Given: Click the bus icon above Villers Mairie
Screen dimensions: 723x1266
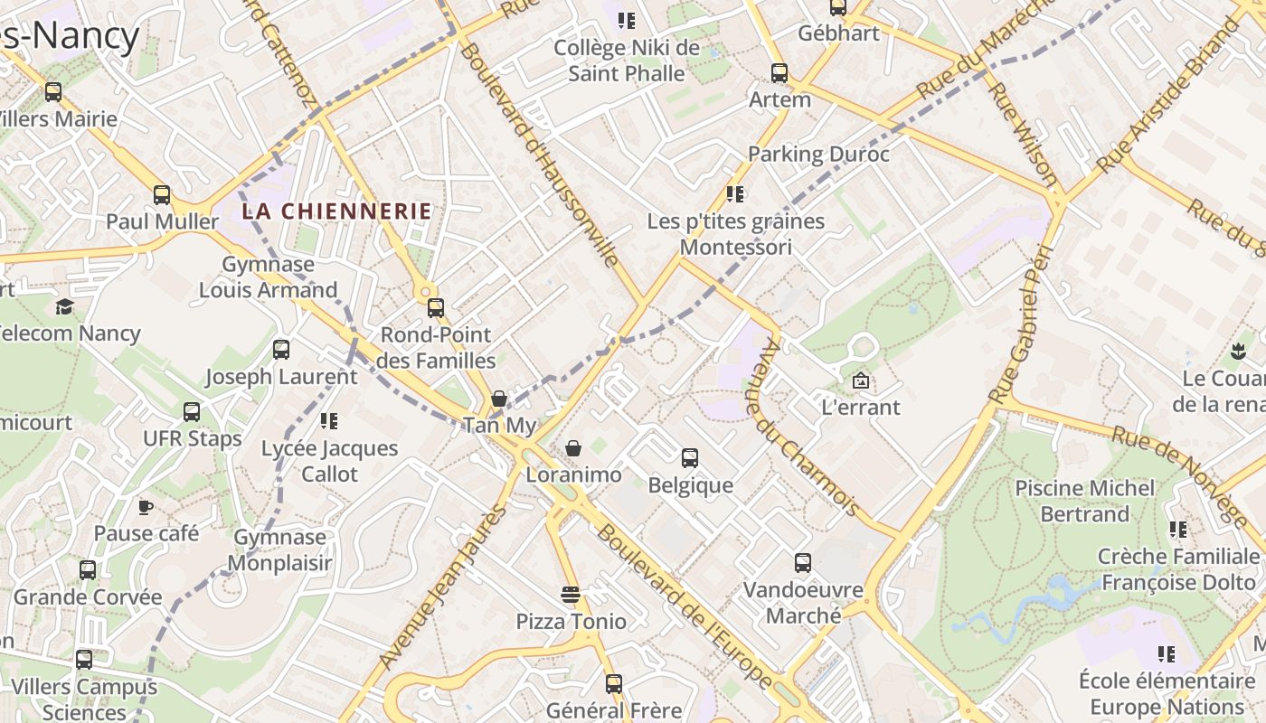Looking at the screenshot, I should pyautogui.click(x=53, y=91).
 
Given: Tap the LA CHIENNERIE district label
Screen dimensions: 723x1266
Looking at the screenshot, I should pyautogui.click(x=336, y=211).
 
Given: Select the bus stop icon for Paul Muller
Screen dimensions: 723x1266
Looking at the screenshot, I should pyautogui.click(x=162, y=194).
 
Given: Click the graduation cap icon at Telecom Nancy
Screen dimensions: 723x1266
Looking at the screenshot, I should pyautogui.click(x=64, y=306).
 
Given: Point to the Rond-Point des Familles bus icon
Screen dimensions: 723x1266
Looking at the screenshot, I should pyautogui.click(x=436, y=307).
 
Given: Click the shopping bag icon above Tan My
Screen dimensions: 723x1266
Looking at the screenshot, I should pyautogui.click(x=499, y=399).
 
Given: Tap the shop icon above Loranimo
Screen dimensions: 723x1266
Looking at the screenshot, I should pyautogui.click(x=573, y=448).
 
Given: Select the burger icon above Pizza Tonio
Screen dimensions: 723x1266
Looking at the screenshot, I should pyautogui.click(x=570, y=595).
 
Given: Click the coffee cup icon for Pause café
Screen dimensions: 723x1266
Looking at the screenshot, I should pyautogui.click(x=146, y=506).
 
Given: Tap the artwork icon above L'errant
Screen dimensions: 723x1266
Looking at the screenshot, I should pyautogui.click(x=861, y=380).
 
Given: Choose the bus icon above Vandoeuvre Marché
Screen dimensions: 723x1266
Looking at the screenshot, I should pyautogui.click(x=802, y=563).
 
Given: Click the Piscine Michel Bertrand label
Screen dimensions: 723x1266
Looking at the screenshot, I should pyautogui.click(x=1085, y=501).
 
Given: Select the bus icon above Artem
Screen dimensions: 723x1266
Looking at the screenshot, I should pyautogui.click(x=779, y=73).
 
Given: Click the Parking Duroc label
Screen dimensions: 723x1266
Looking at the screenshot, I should pyautogui.click(x=818, y=154).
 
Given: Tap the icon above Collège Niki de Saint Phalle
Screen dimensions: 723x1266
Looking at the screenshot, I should pyautogui.click(x=627, y=20).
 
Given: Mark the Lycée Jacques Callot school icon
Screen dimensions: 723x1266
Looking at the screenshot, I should pyautogui.click(x=329, y=421).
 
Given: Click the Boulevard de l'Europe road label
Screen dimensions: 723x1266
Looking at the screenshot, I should pyautogui.click(x=685, y=606).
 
